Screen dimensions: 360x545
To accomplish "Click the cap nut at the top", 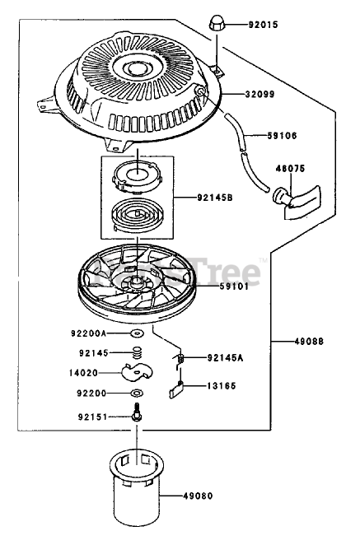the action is click(217, 24).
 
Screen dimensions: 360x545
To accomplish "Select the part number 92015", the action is click(264, 25).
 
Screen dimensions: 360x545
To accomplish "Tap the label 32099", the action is click(259, 94).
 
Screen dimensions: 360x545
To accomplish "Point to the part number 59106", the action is click(282, 136).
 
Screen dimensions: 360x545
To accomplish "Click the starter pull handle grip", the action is click(297, 202).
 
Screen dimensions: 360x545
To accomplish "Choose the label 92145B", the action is click(215, 198).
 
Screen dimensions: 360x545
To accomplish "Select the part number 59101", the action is click(234, 286).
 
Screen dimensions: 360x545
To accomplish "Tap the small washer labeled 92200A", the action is click(138, 333).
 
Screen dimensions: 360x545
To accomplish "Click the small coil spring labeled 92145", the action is click(138, 353).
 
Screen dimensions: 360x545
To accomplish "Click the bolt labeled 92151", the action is click(137, 412).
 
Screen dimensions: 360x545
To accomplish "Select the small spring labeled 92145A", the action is click(180, 358).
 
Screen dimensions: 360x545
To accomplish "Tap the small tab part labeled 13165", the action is click(176, 389).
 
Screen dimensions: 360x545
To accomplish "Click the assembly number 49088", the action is click(309, 342).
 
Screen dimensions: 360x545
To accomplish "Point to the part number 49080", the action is click(198, 496).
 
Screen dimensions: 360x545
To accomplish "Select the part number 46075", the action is click(290, 168).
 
